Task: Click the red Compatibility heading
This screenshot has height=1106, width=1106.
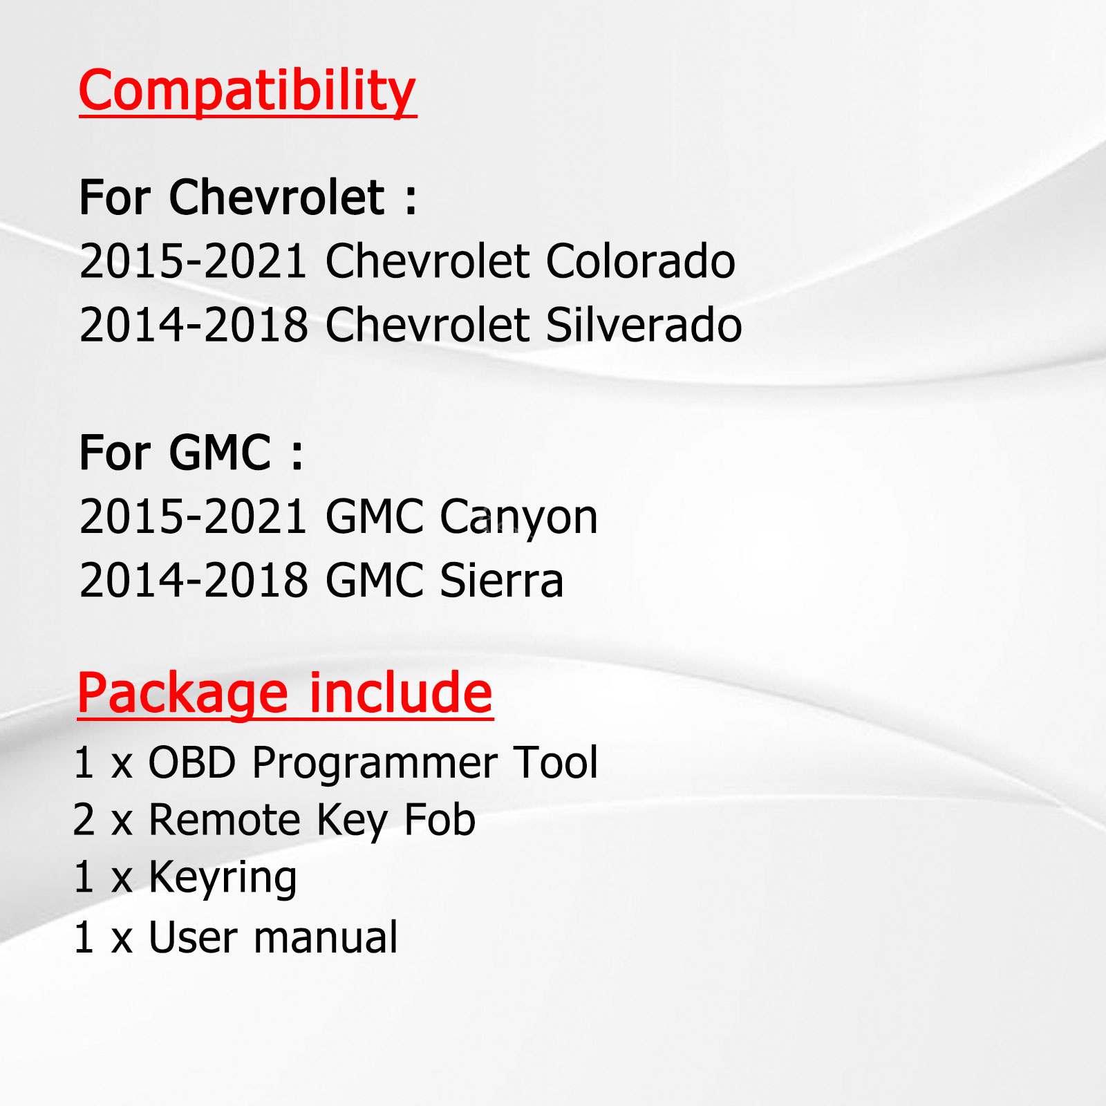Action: point(247,91)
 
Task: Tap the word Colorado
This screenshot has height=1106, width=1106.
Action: point(641,261)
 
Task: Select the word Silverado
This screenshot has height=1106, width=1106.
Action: point(644,325)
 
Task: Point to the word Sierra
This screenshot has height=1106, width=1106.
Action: point(502,581)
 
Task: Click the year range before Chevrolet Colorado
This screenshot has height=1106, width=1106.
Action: point(194,261)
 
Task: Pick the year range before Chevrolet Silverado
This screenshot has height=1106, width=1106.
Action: point(194,325)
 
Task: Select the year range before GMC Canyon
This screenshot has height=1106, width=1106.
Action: point(194,517)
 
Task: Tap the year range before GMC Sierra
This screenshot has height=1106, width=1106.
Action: point(194,581)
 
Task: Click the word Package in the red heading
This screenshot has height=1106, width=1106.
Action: point(182,694)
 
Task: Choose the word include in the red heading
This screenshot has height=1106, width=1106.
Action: point(401,693)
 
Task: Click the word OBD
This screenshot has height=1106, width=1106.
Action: point(193,763)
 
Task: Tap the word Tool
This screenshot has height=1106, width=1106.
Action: point(556,763)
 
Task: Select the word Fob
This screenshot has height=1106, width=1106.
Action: point(440,821)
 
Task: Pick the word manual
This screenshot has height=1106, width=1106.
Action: point(326,937)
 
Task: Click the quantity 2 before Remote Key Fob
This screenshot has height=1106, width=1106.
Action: point(84,821)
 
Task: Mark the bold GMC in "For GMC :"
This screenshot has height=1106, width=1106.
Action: point(220,453)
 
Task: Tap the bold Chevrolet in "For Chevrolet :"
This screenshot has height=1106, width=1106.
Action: point(276,198)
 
